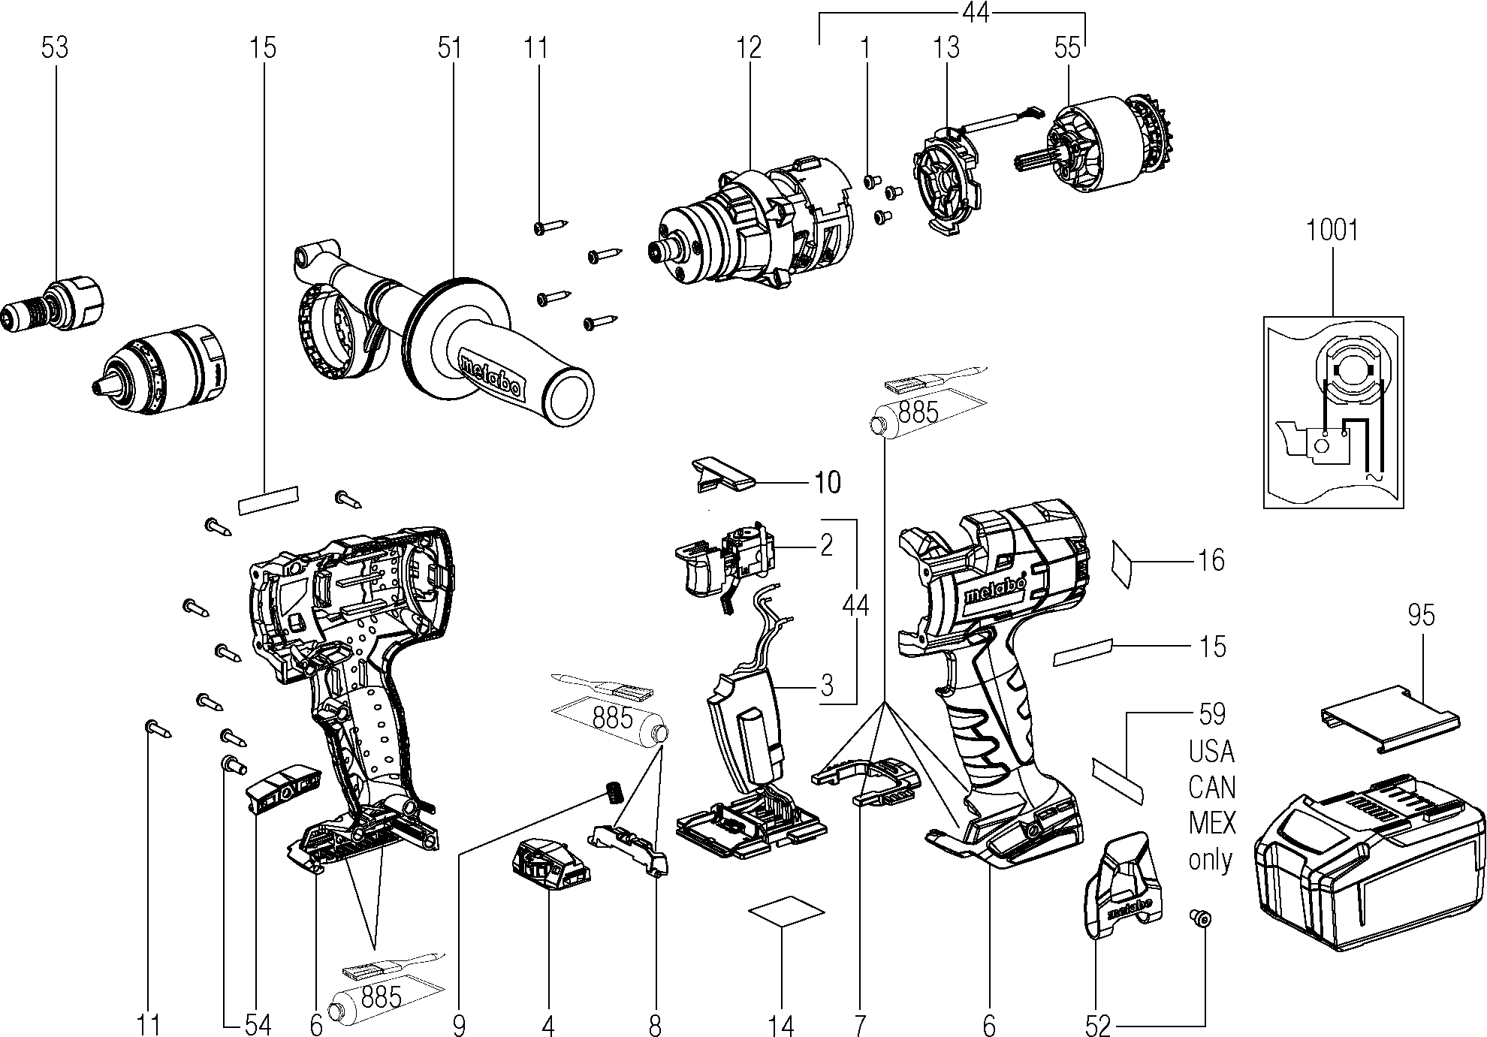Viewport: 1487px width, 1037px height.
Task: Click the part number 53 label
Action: tap(54, 48)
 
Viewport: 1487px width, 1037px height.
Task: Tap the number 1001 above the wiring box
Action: tap(1332, 230)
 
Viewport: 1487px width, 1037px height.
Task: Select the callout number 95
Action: tap(1422, 615)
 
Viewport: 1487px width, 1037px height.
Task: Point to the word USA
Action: tap(1212, 751)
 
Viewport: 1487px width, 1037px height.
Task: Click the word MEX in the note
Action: tap(1212, 823)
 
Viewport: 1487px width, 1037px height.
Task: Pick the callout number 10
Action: tap(828, 482)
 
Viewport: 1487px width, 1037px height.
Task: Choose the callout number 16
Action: tap(1211, 560)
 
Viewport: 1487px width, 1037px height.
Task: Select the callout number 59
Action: tap(1211, 714)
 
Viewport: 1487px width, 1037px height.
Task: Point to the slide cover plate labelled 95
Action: tap(1390, 719)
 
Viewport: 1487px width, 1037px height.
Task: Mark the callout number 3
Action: tap(827, 686)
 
